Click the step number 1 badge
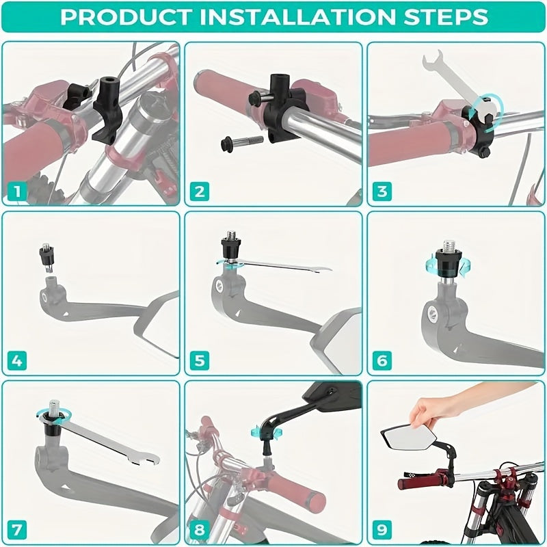(16, 191)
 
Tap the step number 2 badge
(200, 191)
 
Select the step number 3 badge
(382, 191)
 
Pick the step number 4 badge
(16, 360)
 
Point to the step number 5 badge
(200, 360)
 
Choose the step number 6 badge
(382, 360)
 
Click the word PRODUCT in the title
(126, 16)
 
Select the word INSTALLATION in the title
(297, 16)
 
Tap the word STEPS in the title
(446, 16)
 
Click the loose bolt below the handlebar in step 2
(241, 142)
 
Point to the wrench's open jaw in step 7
(146, 459)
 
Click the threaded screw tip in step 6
(449, 246)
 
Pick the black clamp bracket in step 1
(107, 110)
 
